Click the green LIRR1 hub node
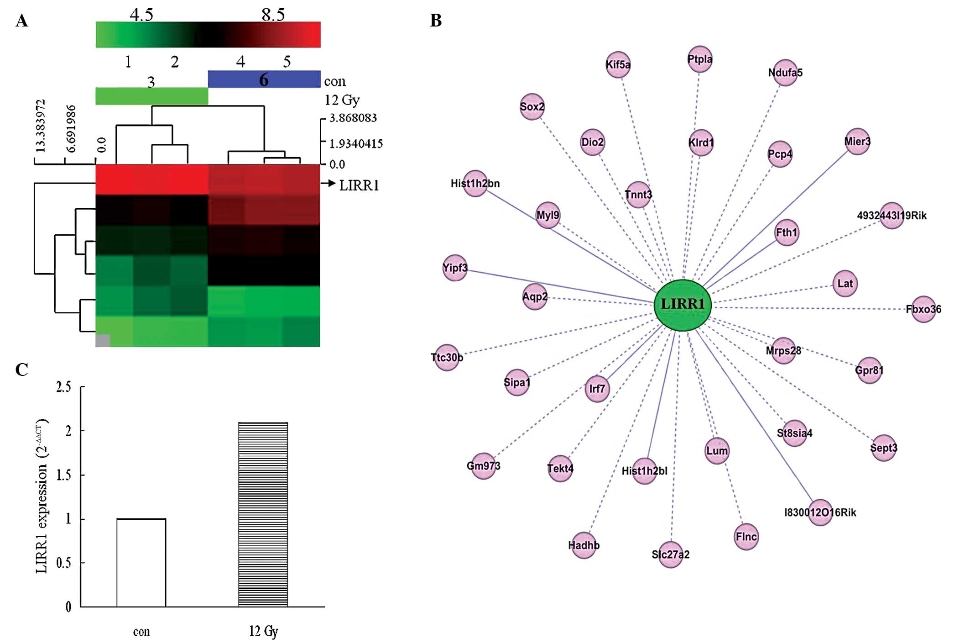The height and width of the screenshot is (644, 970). [683, 305]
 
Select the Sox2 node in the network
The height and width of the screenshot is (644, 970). [532, 107]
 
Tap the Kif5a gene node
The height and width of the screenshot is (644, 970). [618, 64]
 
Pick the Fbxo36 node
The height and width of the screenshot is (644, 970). [923, 309]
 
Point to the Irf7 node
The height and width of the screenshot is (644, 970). [597, 389]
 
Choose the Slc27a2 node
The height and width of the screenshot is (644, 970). [671, 554]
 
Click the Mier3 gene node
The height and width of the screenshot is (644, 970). [857, 142]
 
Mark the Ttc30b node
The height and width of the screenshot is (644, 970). [447, 357]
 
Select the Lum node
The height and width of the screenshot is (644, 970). [717, 451]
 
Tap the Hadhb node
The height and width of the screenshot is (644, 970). [584, 545]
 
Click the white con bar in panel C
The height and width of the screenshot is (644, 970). [141, 563]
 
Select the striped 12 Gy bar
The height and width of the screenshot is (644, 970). [263, 515]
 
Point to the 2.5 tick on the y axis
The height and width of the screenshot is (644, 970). [64, 387]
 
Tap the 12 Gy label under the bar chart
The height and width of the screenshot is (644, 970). [263, 631]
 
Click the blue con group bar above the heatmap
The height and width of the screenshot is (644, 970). [264, 79]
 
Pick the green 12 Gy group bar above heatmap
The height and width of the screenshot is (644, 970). [151, 96]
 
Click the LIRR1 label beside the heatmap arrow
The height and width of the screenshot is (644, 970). [359, 185]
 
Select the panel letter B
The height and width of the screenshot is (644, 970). [436, 21]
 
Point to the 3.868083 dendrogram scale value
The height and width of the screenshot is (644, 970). [353, 118]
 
